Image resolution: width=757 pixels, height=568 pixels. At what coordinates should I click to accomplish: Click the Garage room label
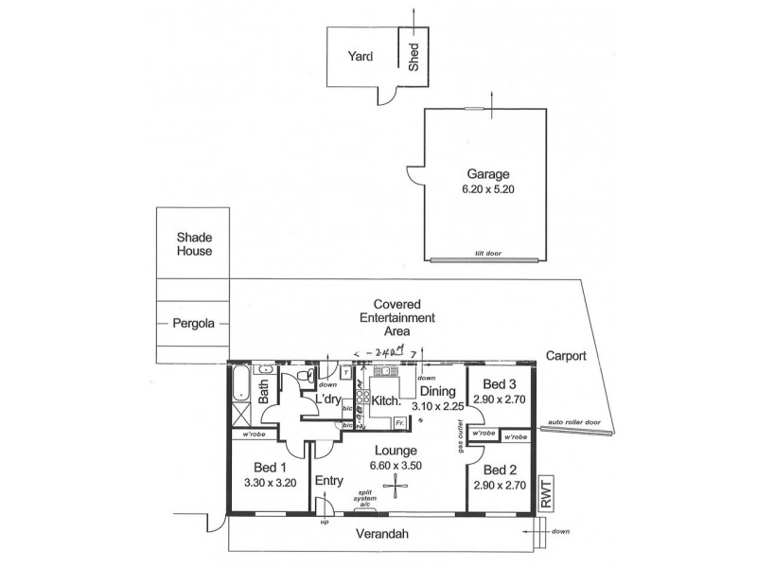click(x=487, y=173)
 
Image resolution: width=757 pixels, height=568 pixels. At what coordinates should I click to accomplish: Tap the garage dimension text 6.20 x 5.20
click(x=487, y=187)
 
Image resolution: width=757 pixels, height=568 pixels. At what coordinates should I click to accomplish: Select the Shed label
click(x=414, y=59)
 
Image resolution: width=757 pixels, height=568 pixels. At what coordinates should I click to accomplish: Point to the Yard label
click(x=361, y=57)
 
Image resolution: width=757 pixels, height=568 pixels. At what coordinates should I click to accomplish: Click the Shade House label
click(x=193, y=244)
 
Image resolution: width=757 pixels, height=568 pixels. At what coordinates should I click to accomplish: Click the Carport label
click(x=567, y=356)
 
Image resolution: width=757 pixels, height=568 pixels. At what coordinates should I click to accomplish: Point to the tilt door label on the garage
click(x=487, y=254)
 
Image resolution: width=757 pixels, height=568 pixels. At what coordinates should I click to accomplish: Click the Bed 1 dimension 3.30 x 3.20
click(x=271, y=481)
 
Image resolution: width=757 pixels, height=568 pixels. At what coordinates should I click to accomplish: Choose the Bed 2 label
click(x=498, y=470)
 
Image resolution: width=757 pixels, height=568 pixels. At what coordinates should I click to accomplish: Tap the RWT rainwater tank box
click(x=545, y=493)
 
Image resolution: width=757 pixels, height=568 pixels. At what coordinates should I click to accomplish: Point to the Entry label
click(x=328, y=480)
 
